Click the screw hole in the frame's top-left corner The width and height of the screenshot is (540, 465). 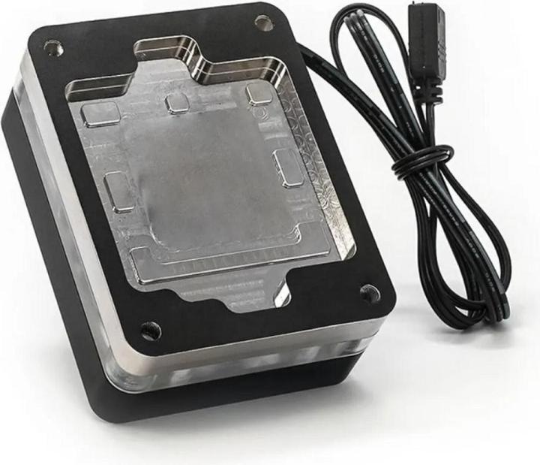52,48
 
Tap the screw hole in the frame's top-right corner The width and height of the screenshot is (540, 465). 262,23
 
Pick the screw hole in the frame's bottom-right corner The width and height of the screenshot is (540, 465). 369,292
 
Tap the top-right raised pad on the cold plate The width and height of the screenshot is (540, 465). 259,95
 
